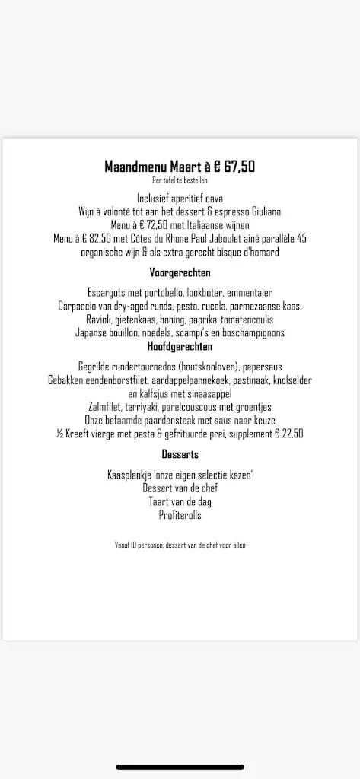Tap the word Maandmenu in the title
[132, 167]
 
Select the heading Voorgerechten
[180, 272]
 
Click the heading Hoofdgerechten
[180, 346]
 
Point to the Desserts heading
[180, 454]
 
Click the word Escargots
[111, 292]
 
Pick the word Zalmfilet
[107, 407]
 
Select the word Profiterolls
[180, 515]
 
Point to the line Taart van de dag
[180, 501]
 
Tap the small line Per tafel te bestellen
[180, 180]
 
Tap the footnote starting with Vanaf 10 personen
[180, 545]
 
